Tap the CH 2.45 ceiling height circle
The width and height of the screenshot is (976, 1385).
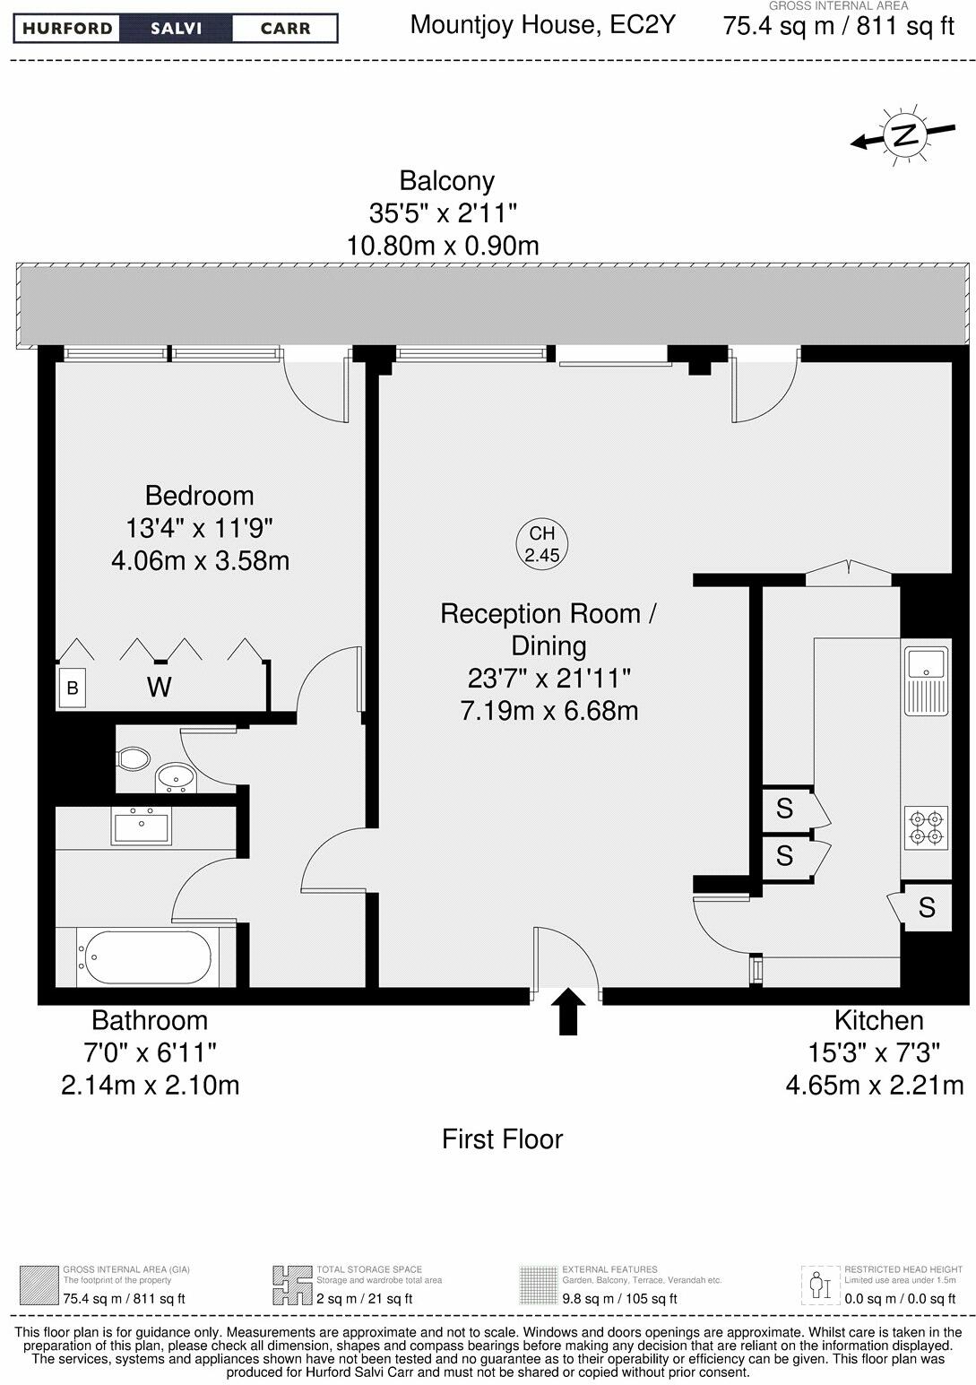[542, 544]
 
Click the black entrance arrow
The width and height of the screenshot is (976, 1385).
[567, 1012]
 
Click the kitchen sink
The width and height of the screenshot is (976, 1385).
[925, 664]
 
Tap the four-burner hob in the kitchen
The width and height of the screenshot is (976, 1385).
[925, 827]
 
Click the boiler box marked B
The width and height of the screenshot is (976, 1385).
[73, 688]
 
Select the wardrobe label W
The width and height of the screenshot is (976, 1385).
[159, 688]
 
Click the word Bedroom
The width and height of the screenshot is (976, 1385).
[199, 496]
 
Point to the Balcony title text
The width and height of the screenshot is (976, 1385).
[446, 180]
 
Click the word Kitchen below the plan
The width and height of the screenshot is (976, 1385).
[878, 1020]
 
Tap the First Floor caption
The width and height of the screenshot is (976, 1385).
[502, 1139]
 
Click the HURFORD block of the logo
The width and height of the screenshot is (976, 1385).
[68, 29]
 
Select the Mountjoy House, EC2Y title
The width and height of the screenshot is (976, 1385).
[542, 24]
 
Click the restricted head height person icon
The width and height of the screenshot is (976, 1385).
[816, 1285]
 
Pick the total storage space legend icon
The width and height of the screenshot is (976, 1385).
[291, 1285]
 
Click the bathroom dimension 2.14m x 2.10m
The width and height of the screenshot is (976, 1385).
[150, 1086]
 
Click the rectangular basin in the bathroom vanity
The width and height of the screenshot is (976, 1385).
[141, 826]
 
